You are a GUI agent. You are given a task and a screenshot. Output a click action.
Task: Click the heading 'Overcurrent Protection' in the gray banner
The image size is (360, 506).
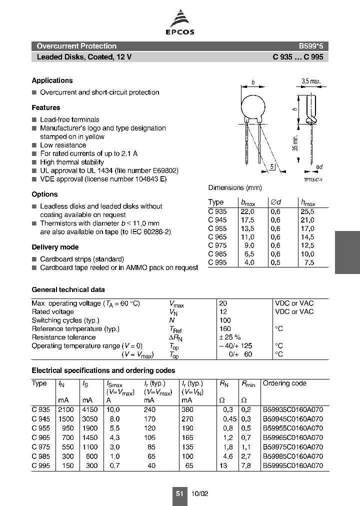(x=76, y=46)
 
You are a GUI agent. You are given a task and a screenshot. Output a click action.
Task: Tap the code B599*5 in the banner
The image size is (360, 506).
(x=310, y=46)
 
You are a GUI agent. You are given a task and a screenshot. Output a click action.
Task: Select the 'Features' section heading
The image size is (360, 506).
(x=45, y=107)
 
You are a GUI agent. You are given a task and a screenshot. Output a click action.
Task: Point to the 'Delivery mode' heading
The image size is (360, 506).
(x=55, y=247)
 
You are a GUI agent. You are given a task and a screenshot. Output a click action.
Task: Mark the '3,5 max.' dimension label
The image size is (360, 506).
(x=311, y=81)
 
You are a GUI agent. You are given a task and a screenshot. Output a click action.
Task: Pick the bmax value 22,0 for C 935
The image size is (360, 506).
(x=248, y=211)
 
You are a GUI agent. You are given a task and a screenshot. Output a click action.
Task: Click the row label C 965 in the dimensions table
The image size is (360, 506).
(x=217, y=237)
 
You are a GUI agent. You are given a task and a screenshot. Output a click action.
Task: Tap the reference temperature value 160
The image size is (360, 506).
(x=225, y=328)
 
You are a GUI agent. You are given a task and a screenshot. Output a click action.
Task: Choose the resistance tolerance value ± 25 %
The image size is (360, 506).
(x=230, y=337)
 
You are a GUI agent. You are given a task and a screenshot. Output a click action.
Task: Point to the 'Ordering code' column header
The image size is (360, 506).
(x=284, y=383)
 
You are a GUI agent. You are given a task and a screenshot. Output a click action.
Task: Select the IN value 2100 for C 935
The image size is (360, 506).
(x=66, y=409)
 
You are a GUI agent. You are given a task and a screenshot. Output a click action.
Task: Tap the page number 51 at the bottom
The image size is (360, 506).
(x=179, y=493)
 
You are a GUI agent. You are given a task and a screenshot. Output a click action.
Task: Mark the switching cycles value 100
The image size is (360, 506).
(x=225, y=320)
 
